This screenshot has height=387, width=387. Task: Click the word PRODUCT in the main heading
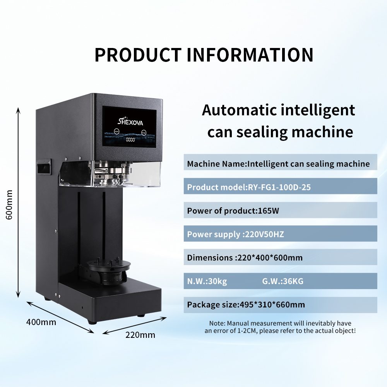138,55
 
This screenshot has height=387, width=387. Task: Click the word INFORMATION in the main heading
250,55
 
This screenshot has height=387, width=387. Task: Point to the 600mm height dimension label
9,205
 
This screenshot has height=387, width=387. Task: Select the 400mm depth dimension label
41,322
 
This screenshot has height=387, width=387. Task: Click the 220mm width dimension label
140,335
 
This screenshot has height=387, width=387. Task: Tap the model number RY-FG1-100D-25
279,187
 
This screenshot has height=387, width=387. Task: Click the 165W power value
268,211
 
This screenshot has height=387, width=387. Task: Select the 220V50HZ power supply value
263,234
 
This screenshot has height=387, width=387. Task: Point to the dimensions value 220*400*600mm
269,258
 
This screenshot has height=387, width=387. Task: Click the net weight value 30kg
217,281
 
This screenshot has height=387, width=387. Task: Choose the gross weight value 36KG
292,281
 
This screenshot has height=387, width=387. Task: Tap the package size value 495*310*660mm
272,305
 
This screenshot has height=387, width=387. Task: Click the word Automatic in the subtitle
239,110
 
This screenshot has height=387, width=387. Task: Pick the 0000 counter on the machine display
130,140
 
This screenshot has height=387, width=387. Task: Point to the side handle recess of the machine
45,166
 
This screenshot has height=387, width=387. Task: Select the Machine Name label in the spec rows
216,164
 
